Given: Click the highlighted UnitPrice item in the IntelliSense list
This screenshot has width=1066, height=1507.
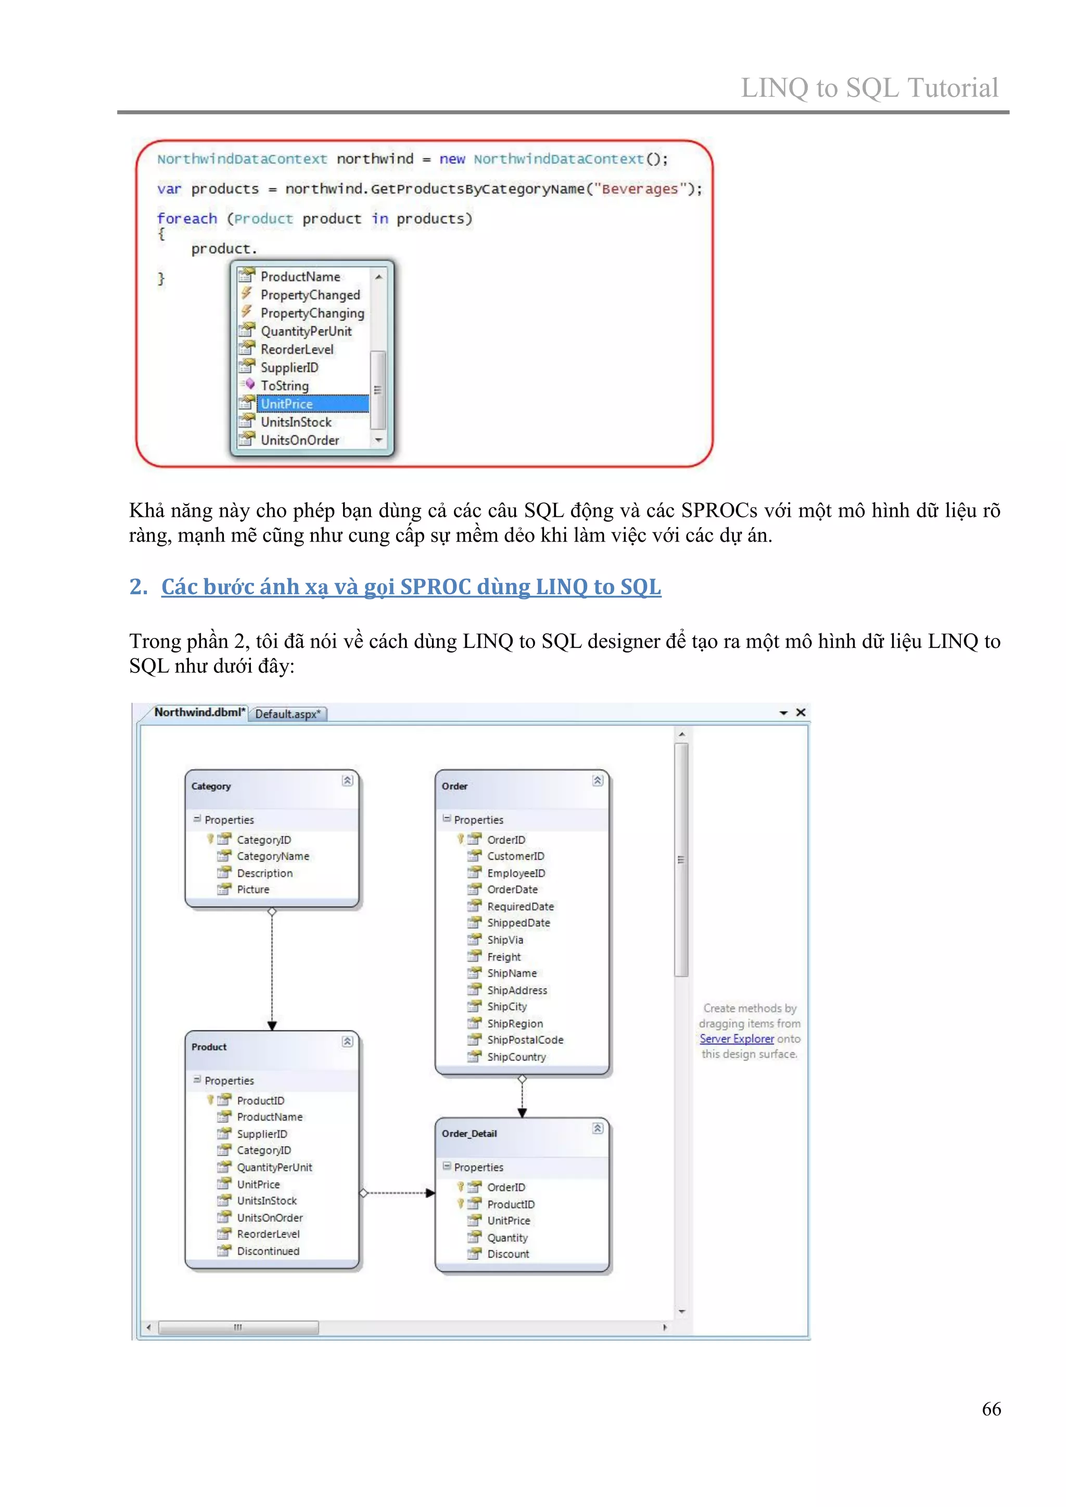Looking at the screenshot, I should (287, 404).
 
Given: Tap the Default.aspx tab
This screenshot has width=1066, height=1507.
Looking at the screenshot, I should (287, 714).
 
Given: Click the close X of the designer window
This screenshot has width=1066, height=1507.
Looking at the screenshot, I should (801, 712).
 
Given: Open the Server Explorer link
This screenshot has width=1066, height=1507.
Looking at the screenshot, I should (737, 1039).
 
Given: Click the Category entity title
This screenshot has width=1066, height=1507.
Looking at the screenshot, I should (211, 786).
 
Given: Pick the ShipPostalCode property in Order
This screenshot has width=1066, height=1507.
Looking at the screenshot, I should (525, 1040).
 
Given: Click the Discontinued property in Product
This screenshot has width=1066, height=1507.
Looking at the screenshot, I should (268, 1251).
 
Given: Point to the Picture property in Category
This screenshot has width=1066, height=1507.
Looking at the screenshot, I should (253, 889).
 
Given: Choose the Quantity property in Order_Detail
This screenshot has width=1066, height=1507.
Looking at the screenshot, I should (507, 1237).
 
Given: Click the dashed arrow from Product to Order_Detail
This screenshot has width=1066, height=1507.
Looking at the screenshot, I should (397, 1193).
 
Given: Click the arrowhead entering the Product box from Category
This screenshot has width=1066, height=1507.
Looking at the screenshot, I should (272, 1025).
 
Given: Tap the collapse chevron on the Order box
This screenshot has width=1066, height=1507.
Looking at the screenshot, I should (598, 781).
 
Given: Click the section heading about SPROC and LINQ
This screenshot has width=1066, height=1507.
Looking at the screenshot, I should (411, 587).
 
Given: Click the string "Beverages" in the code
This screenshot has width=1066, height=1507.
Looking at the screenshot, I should (640, 189).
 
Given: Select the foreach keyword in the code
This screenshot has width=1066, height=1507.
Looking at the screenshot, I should (186, 219).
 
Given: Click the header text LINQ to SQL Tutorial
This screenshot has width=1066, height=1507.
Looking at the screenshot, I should (869, 88).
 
